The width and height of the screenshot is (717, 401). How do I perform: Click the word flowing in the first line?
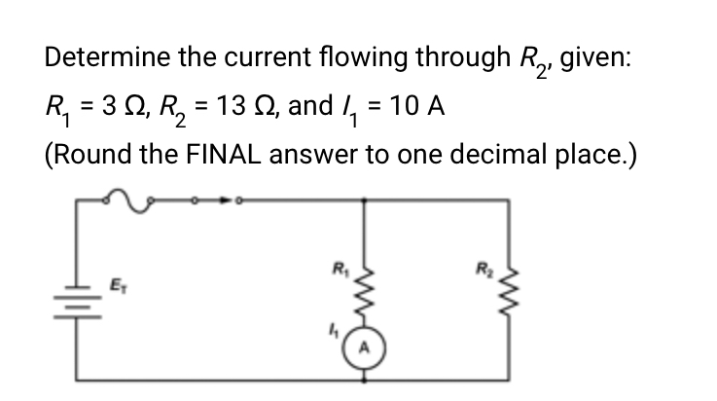[362, 56]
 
